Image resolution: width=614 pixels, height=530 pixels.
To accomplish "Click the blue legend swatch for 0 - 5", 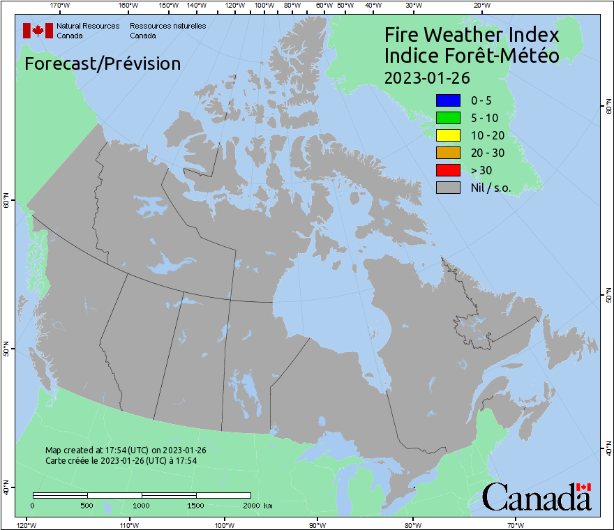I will (x=448, y=100).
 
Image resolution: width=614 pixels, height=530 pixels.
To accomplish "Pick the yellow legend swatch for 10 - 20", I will (x=448, y=135).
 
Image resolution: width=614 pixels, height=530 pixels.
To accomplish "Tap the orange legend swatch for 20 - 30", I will (x=448, y=152).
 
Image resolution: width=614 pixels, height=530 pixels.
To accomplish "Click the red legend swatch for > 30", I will (x=448, y=169).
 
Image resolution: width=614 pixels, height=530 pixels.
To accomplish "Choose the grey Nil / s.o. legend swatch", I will (x=448, y=187).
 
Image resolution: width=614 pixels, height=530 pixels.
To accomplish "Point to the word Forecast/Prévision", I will (x=103, y=63).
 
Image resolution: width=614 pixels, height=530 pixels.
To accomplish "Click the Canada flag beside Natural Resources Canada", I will (x=38, y=31).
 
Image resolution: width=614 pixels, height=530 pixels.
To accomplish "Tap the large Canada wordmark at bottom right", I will (x=537, y=497).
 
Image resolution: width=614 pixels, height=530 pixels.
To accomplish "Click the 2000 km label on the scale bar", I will (x=258, y=505).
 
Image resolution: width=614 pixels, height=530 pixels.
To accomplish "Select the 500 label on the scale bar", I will (x=87, y=505).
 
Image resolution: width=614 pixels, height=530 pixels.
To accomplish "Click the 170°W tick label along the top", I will (x=60, y=6).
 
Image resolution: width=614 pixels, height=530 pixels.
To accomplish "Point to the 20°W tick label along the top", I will (x=481, y=6).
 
